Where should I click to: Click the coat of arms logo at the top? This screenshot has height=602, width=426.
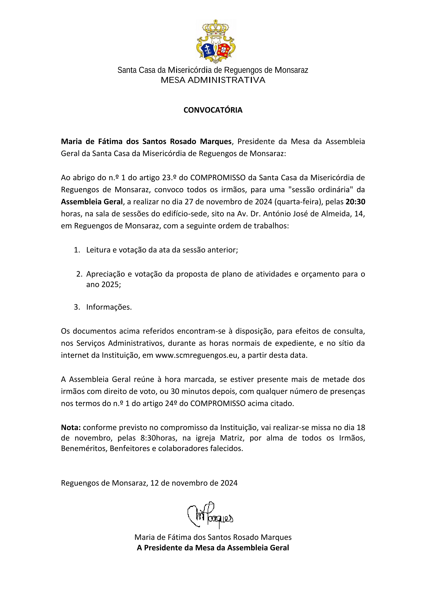[216, 41]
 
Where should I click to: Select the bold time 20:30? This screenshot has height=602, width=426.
[355, 202]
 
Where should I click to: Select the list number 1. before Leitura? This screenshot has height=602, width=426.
[77, 250]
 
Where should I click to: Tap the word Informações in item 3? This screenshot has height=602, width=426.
[109, 307]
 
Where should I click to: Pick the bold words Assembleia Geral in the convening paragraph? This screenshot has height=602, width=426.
[92, 202]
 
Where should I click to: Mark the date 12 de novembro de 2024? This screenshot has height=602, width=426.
[194, 483]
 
